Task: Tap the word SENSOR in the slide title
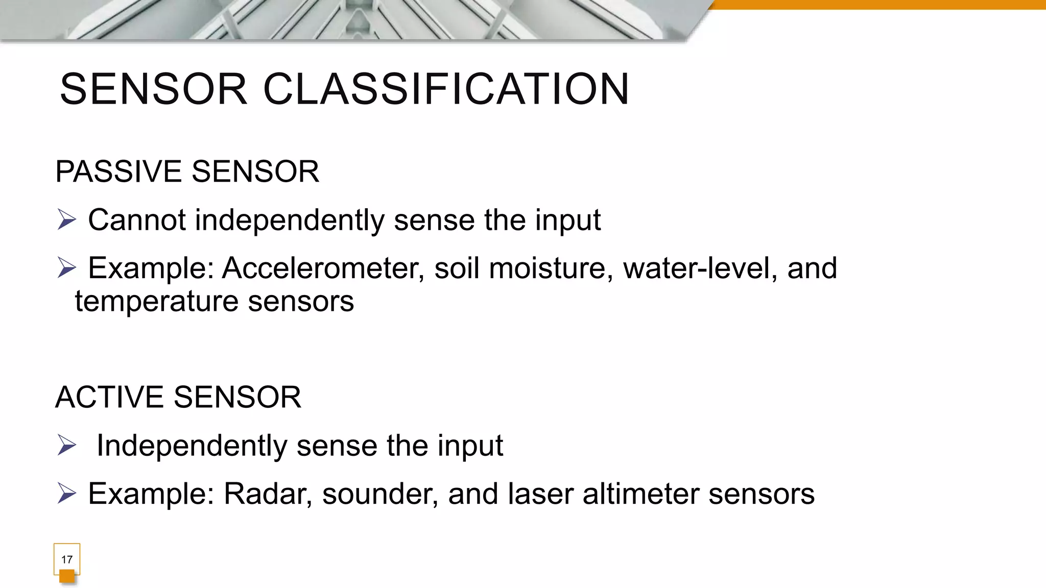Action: point(154,89)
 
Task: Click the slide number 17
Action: point(67,559)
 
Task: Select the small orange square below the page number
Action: point(67,576)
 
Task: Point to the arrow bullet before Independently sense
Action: point(67,445)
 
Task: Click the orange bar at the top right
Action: point(878,5)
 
